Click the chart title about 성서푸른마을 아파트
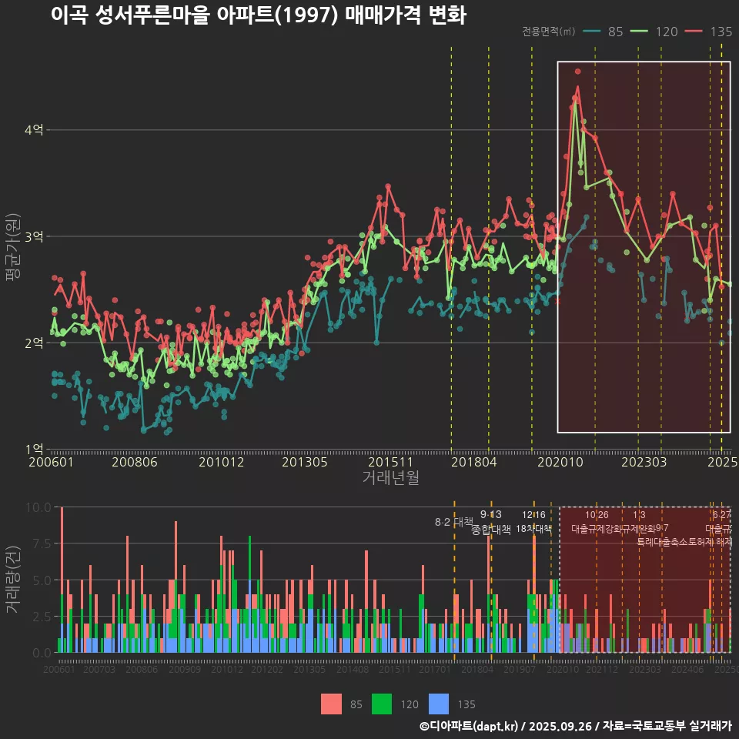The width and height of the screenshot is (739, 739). (259, 15)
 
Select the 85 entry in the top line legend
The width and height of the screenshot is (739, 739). (604, 32)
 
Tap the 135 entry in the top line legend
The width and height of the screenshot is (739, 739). (710, 32)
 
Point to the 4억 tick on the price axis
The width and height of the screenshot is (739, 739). (34, 130)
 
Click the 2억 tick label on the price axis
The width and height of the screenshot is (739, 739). (34, 343)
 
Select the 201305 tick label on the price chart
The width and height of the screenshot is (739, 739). (305, 462)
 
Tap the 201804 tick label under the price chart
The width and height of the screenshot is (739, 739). (473, 462)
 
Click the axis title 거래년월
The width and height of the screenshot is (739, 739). (390, 478)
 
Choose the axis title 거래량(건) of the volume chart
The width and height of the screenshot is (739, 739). (13, 579)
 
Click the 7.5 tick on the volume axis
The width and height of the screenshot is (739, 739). (38, 543)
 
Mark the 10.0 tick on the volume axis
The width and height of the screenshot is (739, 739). (36, 507)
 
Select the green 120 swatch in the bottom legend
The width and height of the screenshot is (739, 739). (383, 704)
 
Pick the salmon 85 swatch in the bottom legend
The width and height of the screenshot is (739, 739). (332, 704)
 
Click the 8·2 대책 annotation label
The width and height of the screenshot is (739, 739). (454, 522)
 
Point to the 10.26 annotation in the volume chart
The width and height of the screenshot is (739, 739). (597, 515)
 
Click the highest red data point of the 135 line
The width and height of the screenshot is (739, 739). (577, 71)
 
